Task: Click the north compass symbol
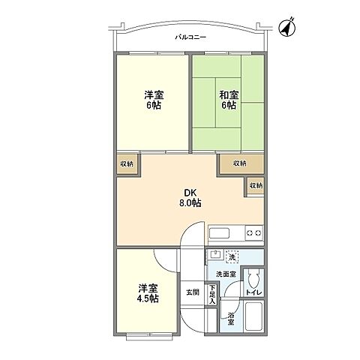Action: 287,28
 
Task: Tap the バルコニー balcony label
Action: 190,37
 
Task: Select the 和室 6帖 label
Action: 229,100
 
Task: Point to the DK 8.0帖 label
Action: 190,197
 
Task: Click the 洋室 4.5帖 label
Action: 148,293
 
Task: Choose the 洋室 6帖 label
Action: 154,100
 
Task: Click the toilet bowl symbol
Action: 253,280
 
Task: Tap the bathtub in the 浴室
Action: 253,316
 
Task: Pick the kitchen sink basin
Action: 219,233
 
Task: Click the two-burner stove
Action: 254,233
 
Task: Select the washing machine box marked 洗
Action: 232,257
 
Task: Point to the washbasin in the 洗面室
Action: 215,254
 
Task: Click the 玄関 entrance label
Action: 193,292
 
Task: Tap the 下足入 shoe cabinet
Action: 212,295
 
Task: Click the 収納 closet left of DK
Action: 127,164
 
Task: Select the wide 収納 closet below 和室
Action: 241,163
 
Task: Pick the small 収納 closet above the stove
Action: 256,186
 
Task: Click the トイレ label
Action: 253,292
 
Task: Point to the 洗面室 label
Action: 226,274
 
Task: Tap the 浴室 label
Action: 230,319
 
